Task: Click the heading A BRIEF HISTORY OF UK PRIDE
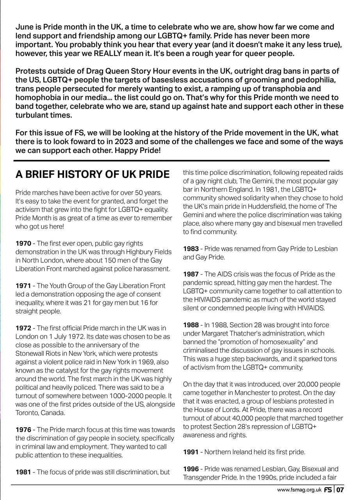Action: point(93,174)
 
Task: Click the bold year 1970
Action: point(23,243)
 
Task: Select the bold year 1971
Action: point(23,286)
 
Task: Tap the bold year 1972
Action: point(23,328)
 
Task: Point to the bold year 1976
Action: point(23,430)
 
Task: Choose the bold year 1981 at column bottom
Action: point(23,472)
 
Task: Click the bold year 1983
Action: point(191,249)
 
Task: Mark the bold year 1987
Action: point(191,274)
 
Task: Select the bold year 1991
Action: point(191,452)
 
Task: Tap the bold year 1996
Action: point(191,469)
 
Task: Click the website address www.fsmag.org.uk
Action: point(299,489)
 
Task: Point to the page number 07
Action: point(340,489)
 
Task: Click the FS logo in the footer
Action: point(328,489)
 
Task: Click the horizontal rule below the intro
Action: point(172,161)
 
